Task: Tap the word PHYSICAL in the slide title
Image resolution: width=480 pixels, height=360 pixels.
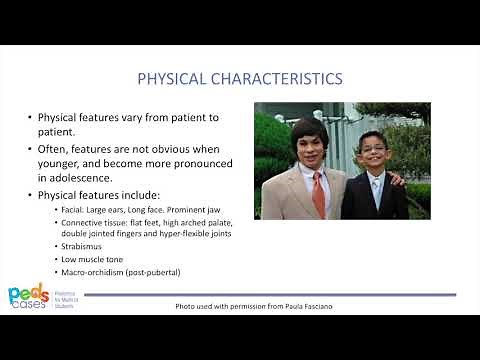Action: click(x=171, y=78)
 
